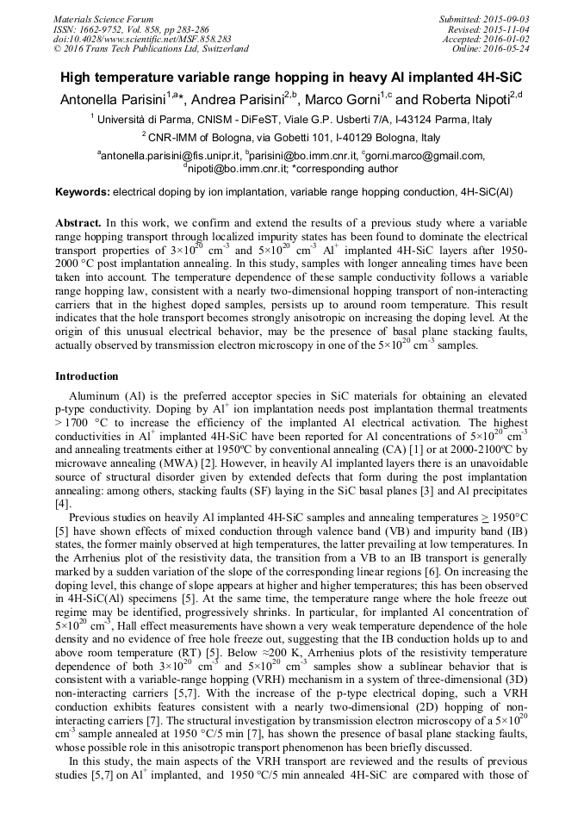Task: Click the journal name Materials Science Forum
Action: tap(103, 18)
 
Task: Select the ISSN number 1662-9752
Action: tap(103, 28)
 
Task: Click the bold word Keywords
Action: tap(83, 190)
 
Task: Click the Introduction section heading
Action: tap(87, 376)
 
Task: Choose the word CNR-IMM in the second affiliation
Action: tap(174, 138)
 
